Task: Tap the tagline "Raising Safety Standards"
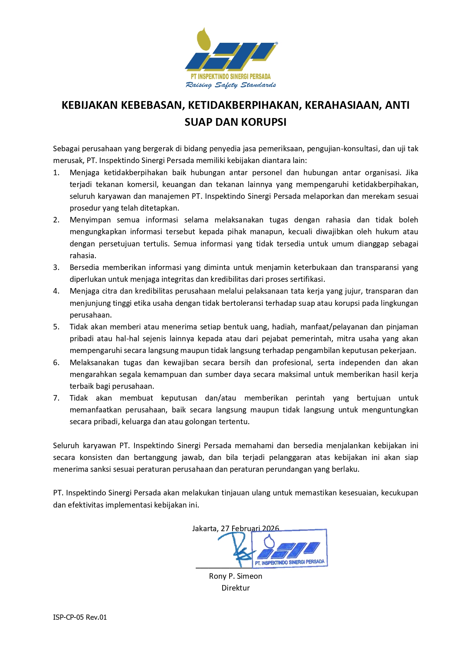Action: click(x=231, y=85)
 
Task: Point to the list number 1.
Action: click(x=56, y=173)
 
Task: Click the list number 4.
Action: click(x=56, y=291)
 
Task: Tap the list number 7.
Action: click(x=56, y=398)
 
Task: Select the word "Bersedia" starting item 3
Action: click(x=84, y=267)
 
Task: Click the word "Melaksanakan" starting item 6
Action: click(x=93, y=363)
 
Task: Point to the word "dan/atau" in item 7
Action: click(x=220, y=398)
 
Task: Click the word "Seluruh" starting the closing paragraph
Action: click(x=66, y=446)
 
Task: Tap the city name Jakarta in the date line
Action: click(x=205, y=529)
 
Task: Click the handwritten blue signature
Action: click(x=236, y=548)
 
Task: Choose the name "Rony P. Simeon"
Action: click(x=236, y=576)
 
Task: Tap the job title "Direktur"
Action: click(x=236, y=588)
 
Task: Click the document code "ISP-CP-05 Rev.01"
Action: click(x=80, y=617)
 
